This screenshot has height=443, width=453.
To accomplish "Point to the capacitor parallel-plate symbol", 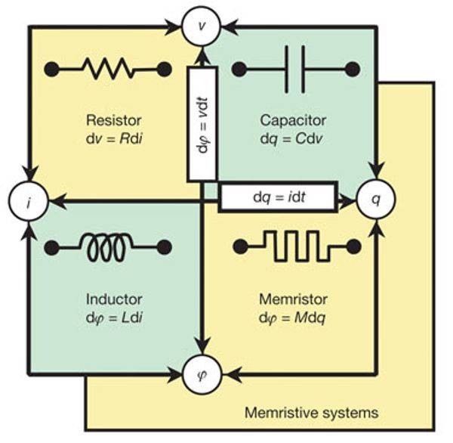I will tap(294, 70).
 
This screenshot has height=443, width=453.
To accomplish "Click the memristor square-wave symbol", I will tap(294, 246).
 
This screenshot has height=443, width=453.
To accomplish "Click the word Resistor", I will tap(113, 120).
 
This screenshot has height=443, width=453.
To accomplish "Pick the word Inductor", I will tap(115, 300).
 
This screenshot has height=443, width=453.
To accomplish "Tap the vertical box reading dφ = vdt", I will tap(202, 125).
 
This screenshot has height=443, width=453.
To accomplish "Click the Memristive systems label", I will tap(311, 413).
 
